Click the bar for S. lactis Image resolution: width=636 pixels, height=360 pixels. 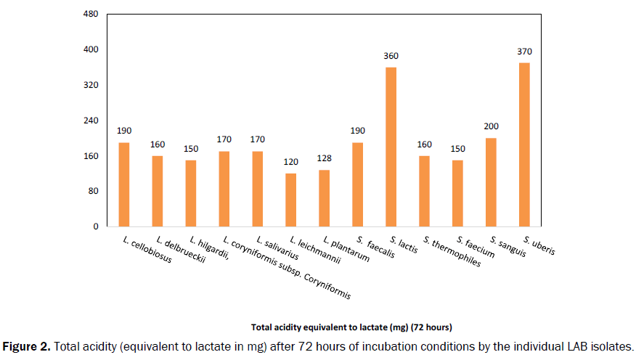pos(391,147)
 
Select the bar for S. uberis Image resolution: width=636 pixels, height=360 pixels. pos(524,144)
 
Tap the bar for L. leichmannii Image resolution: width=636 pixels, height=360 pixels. pos(290,200)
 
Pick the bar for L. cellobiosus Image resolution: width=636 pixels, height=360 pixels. pos(124,184)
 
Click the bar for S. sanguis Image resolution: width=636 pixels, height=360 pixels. pos(491,182)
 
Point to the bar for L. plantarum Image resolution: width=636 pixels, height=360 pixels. pos(324,198)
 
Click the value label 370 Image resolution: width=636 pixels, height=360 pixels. pos(524,52)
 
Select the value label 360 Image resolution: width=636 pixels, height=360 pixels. pos(391,56)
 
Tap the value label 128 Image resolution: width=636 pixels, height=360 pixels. pos(324,159)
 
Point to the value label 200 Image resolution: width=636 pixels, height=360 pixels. pos(491,126)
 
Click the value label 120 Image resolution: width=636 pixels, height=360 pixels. pos(290,163)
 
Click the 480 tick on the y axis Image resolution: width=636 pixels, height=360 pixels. pos(91,15)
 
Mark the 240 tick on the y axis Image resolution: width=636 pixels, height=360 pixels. pos(91,120)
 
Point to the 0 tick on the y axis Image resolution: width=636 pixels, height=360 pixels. pos(95,226)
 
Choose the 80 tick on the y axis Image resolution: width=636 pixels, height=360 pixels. pos(93,191)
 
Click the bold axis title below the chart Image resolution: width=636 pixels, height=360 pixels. pos(351,326)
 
